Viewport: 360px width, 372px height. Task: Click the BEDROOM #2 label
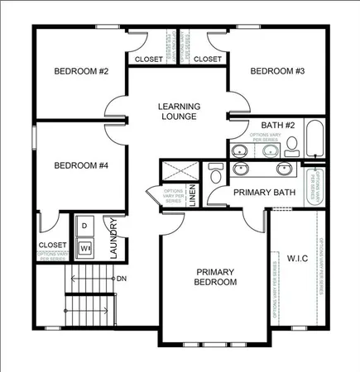point(81,72)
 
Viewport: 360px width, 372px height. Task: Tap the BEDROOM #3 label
point(277,72)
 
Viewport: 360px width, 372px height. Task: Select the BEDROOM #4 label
point(81,165)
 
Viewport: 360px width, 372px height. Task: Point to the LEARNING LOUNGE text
point(178,112)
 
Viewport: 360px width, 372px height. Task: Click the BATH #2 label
point(267,126)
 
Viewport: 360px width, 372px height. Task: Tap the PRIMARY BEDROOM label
point(216,277)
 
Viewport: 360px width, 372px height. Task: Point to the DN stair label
point(122,278)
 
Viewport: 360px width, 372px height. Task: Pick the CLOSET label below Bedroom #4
point(52,246)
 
